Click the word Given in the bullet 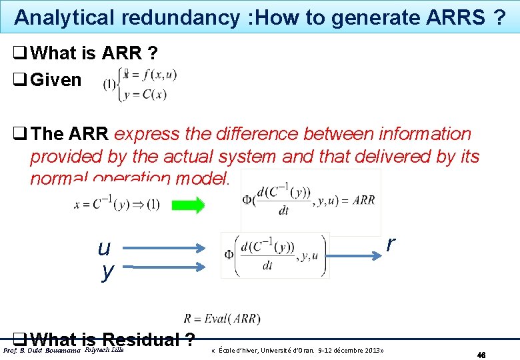[56, 80]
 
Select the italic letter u [104, 249]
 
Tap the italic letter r [391, 244]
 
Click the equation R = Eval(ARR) [222, 319]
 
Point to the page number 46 [481, 355]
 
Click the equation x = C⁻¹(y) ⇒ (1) [117, 205]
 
